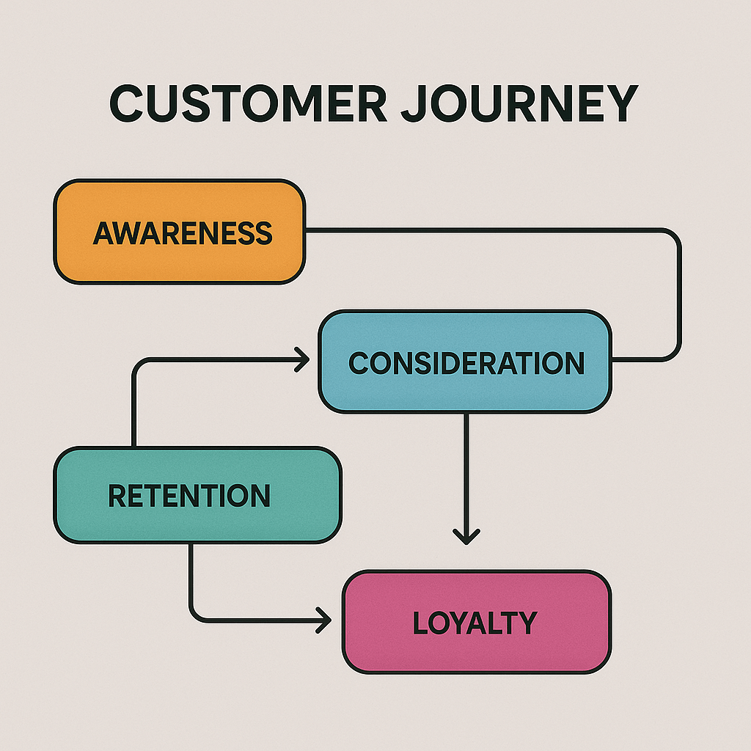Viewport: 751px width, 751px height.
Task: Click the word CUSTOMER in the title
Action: pyautogui.click(x=248, y=103)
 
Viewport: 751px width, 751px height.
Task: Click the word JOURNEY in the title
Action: pyautogui.click(x=520, y=103)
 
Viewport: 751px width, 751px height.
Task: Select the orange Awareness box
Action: pyautogui.click(x=180, y=232)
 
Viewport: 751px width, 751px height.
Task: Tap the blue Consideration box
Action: pyautogui.click(x=465, y=362)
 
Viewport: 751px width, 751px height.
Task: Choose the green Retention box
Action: pyautogui.click(x=197, y=495)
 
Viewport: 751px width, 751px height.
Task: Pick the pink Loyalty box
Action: pyautogui.click(x=477, y=622)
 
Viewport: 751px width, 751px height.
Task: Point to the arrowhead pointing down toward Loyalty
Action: pyautogui.click(x=466, y=536)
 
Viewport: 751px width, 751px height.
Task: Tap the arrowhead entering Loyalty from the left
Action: pyautogui.click(x=324, y=620)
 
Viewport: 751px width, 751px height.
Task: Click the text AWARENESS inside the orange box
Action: pyautogui.click(x=183, y=233)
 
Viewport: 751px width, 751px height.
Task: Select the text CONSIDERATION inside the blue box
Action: pyautogui.click(x=466, y=362)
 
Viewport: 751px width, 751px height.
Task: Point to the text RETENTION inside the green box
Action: pyautogui.click(x=189, y=495)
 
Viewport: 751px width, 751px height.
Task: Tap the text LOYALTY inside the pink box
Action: pyautogui.click(x=475, y=623)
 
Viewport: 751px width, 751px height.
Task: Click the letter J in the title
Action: pyautogui.click(x=412, y=103)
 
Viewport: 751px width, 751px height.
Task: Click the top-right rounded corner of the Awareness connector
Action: pyautogui.click(x=673, y=237)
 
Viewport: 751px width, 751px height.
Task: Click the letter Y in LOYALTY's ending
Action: pyautogui.click(x=527, y=623)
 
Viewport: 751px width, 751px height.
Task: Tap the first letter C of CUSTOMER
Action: pyautogui.click(x=126, y=103)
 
